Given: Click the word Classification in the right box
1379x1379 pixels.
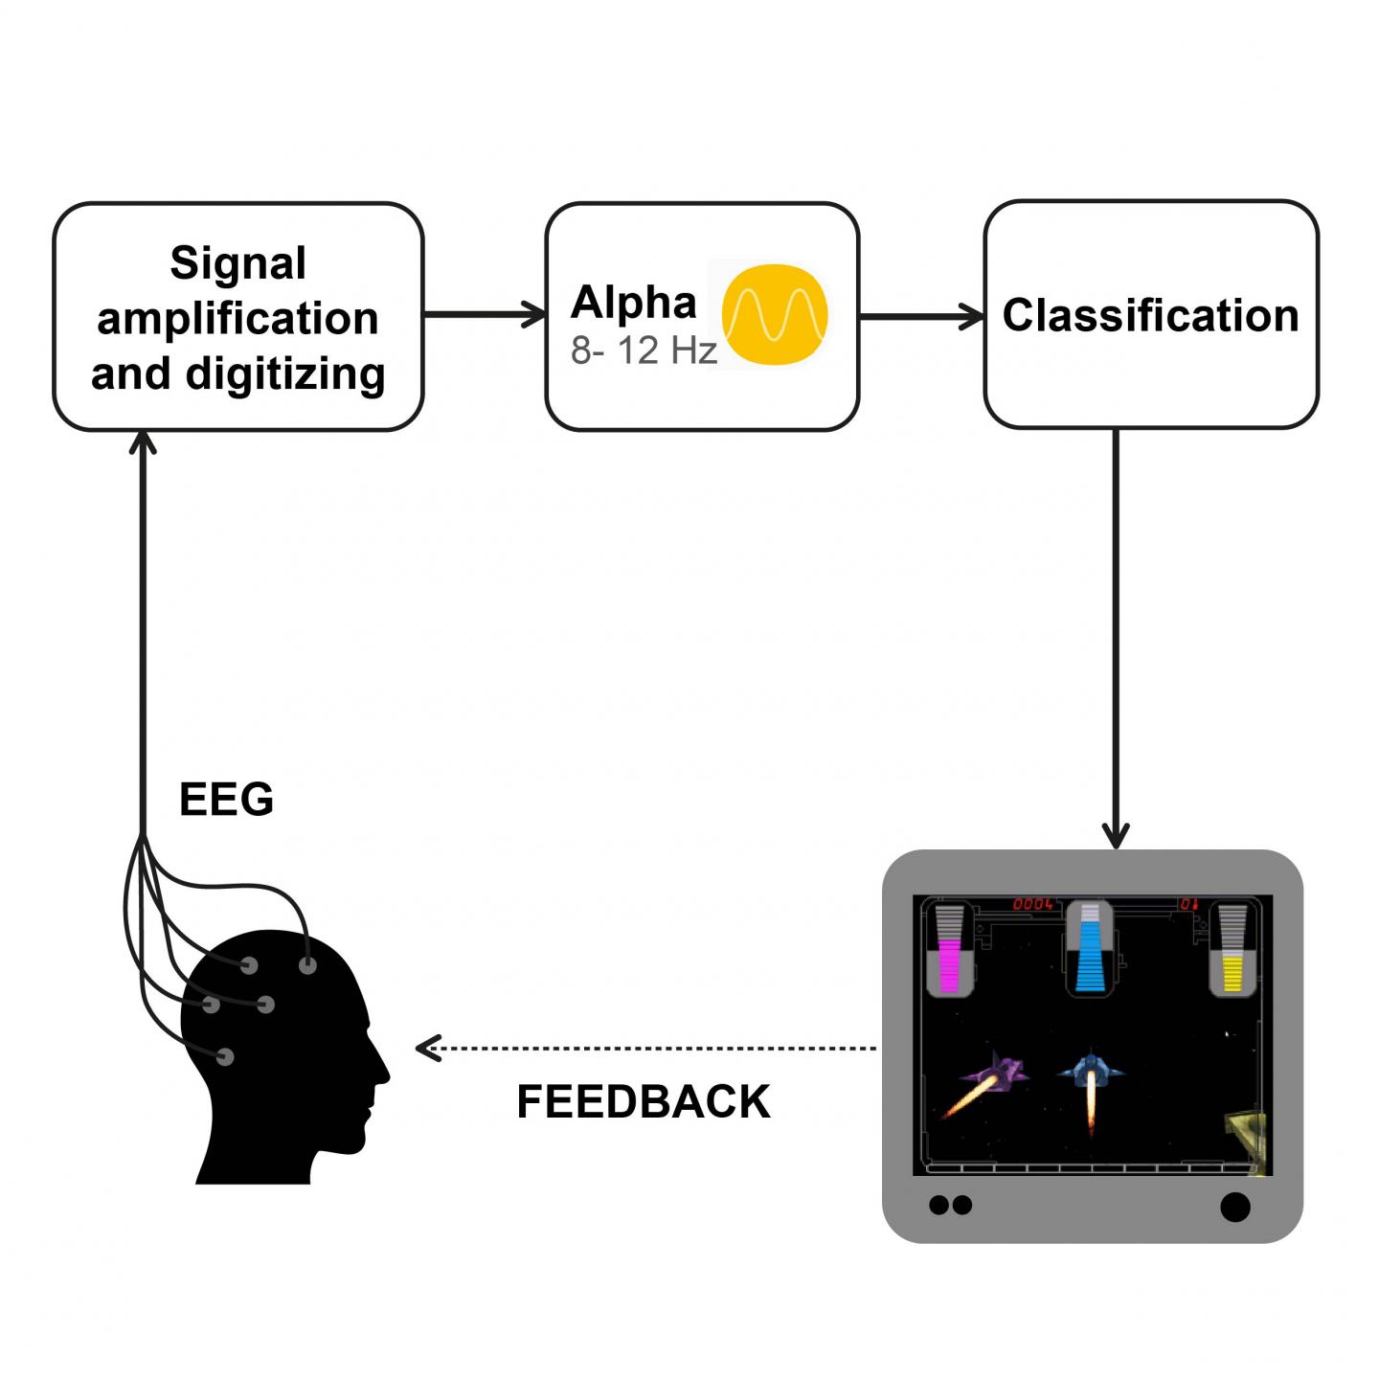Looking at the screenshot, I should tap(1150, 316).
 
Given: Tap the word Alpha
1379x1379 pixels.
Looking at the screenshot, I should tap(633, 303).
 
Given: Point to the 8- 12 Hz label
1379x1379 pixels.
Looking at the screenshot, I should tap(644, 351).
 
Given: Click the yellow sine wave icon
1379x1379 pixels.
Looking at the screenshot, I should tap(774, 314).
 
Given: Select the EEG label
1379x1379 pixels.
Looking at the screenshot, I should tap(226, 800).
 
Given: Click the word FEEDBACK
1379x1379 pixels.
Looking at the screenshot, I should tap(643, 1102).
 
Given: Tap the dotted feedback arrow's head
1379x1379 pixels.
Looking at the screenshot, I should tap(425, 1048).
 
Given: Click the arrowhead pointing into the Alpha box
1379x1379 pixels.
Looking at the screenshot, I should tap(536, 314).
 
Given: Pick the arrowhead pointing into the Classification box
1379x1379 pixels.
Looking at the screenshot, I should tap(975, 316).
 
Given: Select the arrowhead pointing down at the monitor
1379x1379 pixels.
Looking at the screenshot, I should tap(1116, 836).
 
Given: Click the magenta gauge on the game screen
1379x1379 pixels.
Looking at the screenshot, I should tap(950, 962).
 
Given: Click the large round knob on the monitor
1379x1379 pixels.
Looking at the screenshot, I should tap(1235, 1207).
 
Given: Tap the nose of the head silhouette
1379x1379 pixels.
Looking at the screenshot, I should tap(386, 1073).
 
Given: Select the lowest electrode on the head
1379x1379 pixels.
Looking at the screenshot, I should tap(225, 1057).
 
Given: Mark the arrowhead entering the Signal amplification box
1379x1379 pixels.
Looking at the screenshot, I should tap(143, 441).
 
